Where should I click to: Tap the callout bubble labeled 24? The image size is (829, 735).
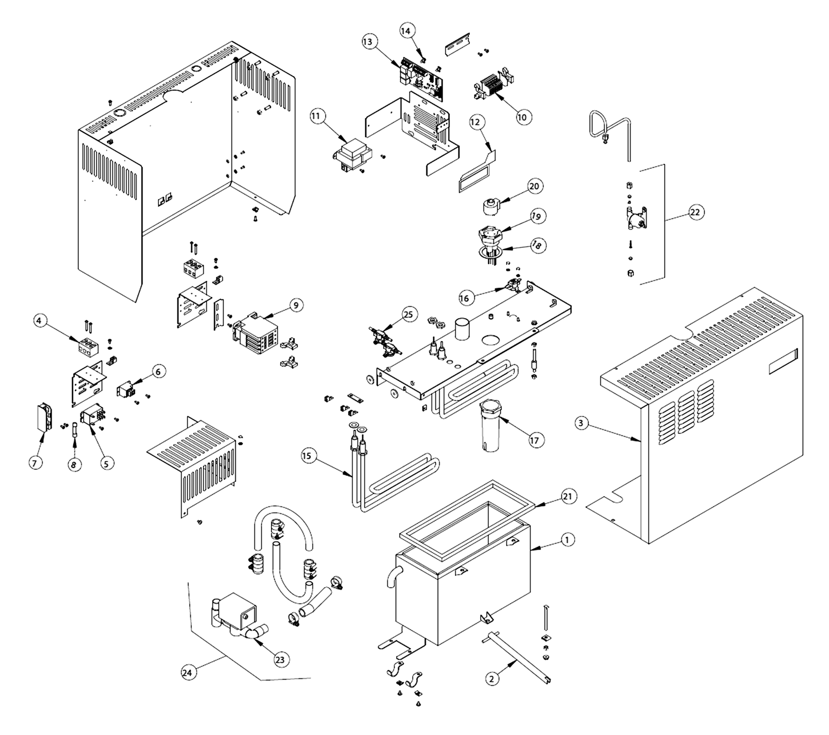pyautogui.click(x=187, y=672)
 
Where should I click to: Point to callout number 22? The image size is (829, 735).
pyautogui.click(x=695, y=212)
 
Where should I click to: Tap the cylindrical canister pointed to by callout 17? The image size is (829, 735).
pyautogui.click(x=490, y=425)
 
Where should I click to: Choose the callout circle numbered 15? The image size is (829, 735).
pyautogui.click(x=307, y=456)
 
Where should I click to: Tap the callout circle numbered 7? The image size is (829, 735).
pyautogui.click(x=34, y=463)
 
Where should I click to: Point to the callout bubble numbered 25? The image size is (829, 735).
pyautogui.click(x=408, y=315)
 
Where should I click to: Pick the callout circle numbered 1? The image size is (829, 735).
pyautogui.click(x=567, y=540)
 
